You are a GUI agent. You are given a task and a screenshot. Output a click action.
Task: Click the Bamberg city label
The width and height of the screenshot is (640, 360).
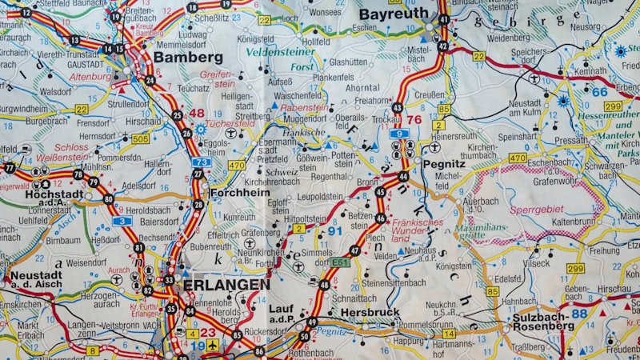pyautogui.click(x=188, y=58)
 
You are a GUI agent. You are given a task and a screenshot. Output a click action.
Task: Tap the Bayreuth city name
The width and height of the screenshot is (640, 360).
pyautogui.click(x=393, y=14)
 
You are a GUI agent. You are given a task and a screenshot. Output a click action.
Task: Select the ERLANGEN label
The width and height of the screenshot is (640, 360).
pyautogui.click(x=226, y=284)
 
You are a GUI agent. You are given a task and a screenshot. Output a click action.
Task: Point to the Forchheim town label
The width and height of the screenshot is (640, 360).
pyautogui.click(x=239, y=193)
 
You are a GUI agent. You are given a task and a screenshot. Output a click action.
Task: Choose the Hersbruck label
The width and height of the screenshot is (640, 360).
pyautogui.click(x=370, y=312)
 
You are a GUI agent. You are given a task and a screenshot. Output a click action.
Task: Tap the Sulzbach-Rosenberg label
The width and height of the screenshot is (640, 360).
pyautogui.click(x=544, y=321)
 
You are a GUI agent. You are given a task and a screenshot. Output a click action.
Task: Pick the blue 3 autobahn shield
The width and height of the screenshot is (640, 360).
pyautogui.click(x=122, y=221)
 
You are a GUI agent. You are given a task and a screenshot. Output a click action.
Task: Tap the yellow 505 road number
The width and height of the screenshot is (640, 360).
pyautogui.click(x=140, y=138)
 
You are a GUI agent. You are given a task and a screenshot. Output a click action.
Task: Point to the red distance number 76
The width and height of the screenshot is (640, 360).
pyautogui.click(x=414, y=120)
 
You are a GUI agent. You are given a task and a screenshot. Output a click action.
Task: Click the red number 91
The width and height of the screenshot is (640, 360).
pyautogui.click(x=335, y=231)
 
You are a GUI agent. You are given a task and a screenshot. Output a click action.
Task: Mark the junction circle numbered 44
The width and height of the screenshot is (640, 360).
pyautogui.click(x=403, y=176)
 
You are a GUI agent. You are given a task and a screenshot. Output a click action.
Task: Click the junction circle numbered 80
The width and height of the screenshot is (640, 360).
pyautogui.click(x=108, y=199)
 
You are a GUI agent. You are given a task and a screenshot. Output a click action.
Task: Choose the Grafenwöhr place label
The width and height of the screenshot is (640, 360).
pyautogui.click(x=556, y=181)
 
